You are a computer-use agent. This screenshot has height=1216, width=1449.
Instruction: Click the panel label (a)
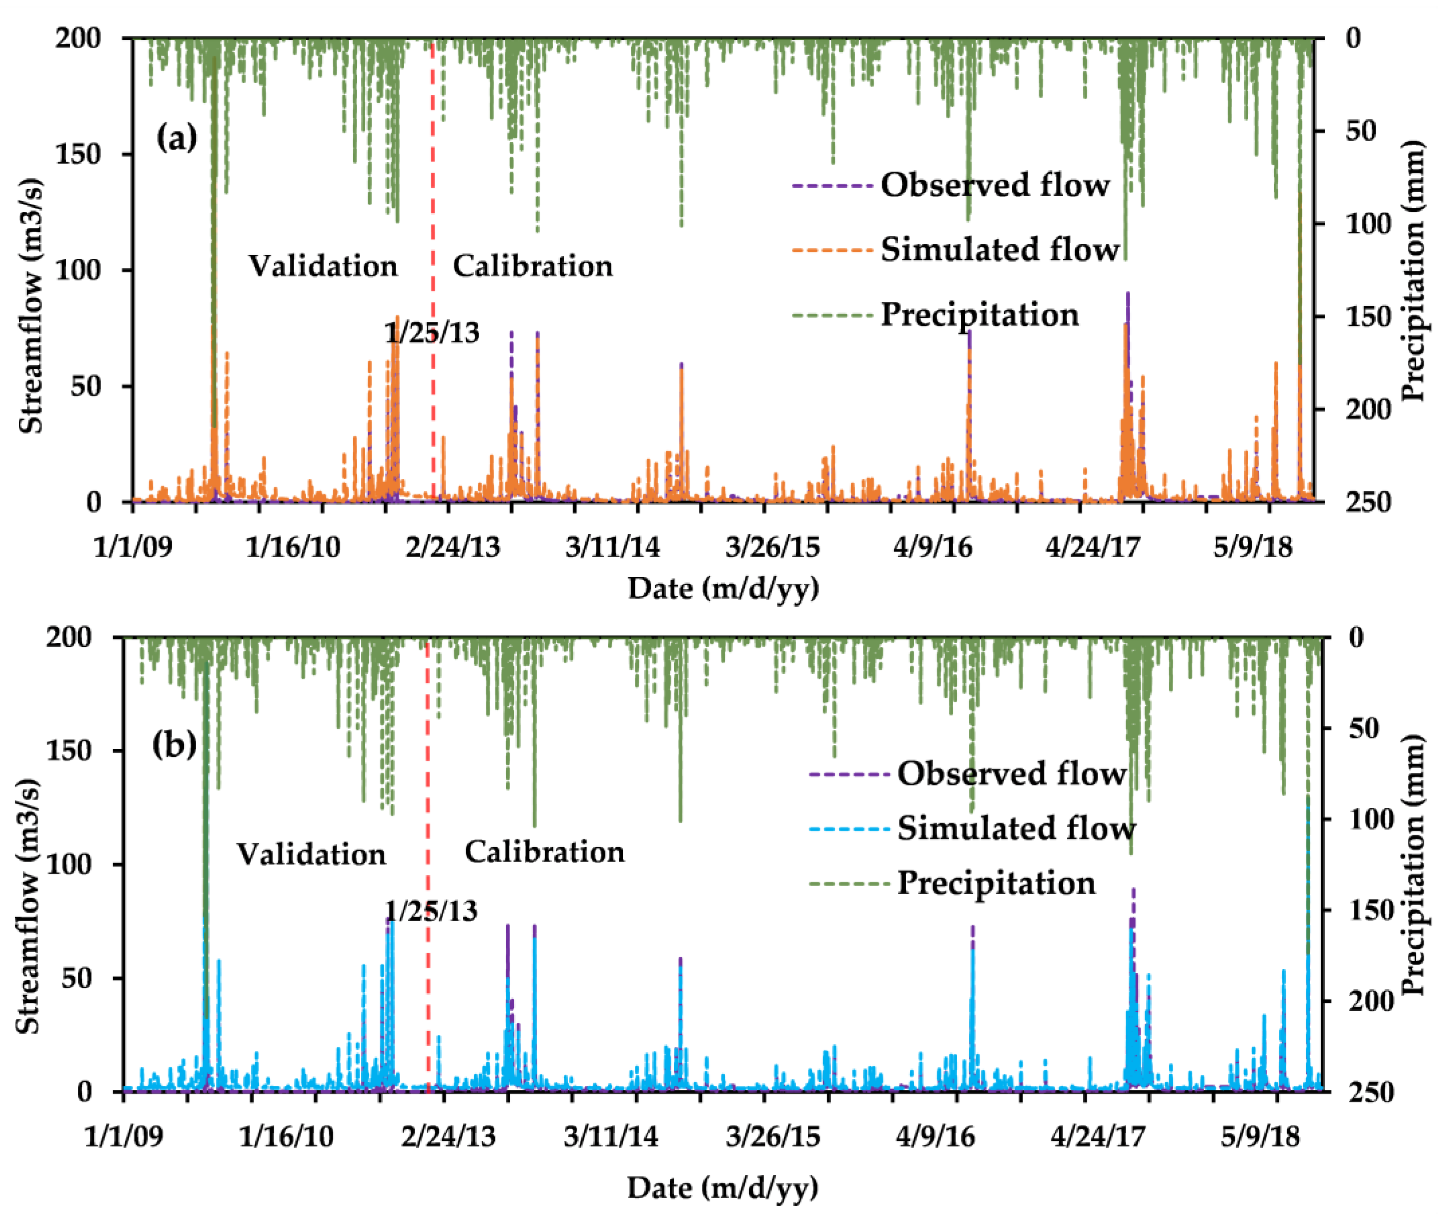coord(177,138)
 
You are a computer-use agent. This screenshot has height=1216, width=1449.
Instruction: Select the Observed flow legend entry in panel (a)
coord(994,186)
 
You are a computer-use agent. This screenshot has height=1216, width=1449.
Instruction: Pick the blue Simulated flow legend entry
coord(1016,828)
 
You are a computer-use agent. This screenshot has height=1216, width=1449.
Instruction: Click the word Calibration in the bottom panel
coord(545,852)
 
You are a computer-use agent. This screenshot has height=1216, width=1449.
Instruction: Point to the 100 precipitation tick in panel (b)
coord(1370,819)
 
